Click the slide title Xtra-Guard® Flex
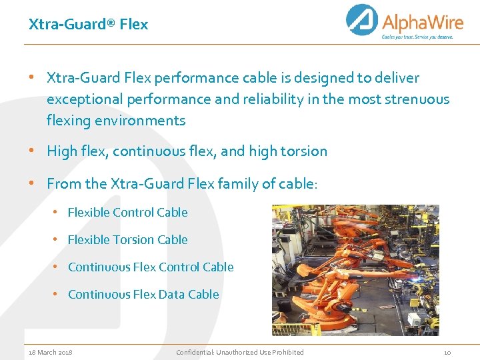pyautogui.click(x=88, y=25)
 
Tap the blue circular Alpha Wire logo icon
pyautogui.click(x=362, y=20)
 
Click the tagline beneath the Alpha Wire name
pyautogui.click(x=417, y=37)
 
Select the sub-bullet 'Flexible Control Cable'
pyautogui.click(x=127, y=213)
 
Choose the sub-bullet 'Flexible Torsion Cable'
pyautogui.click(x=127, y=240)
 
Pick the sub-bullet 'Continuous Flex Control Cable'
pyautogui.click(x=151, y=267)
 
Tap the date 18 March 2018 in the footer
pyautogui.click(x=51, y=352)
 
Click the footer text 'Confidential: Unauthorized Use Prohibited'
pyautogui.click(x=240, y=352)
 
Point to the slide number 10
pyautogui.click(x=447, y=352)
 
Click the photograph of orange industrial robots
pyautogui.click(x=355, y=269)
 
